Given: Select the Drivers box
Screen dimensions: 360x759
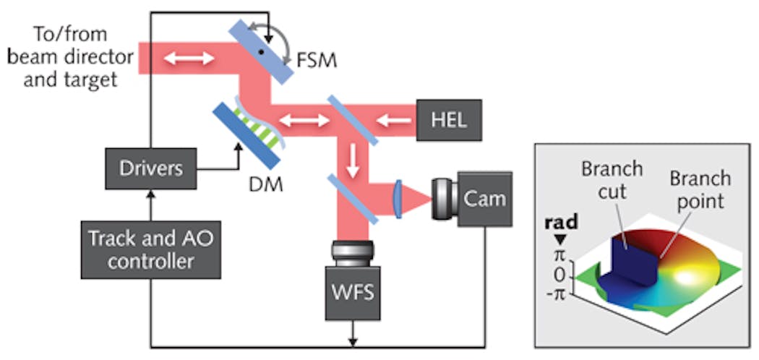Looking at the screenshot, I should click(151, 168).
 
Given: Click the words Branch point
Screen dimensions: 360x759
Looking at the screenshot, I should click(700, 189).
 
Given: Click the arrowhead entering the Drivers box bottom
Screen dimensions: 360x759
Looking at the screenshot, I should click(151, 193).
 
